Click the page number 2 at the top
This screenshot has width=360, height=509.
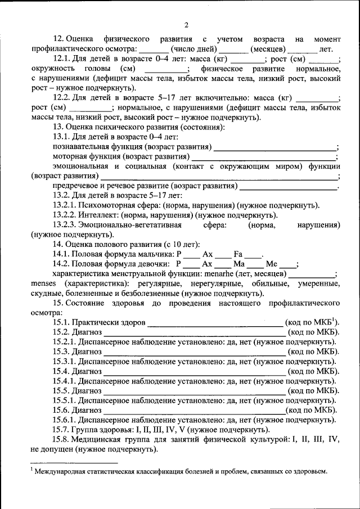point(186,24)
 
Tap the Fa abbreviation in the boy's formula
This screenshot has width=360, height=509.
point(238,254)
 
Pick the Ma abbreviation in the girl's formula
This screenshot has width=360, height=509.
point(239,264)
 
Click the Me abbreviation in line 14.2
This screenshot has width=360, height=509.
point(272,264)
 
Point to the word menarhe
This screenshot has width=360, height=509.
point(230,274)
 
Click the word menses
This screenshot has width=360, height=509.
point(45,283)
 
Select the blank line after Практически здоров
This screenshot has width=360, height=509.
point(215,323)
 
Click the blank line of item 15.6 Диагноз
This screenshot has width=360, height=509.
point(194,411)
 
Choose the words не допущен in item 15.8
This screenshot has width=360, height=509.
point(53,450)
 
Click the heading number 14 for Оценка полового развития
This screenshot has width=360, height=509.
point(57,244)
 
